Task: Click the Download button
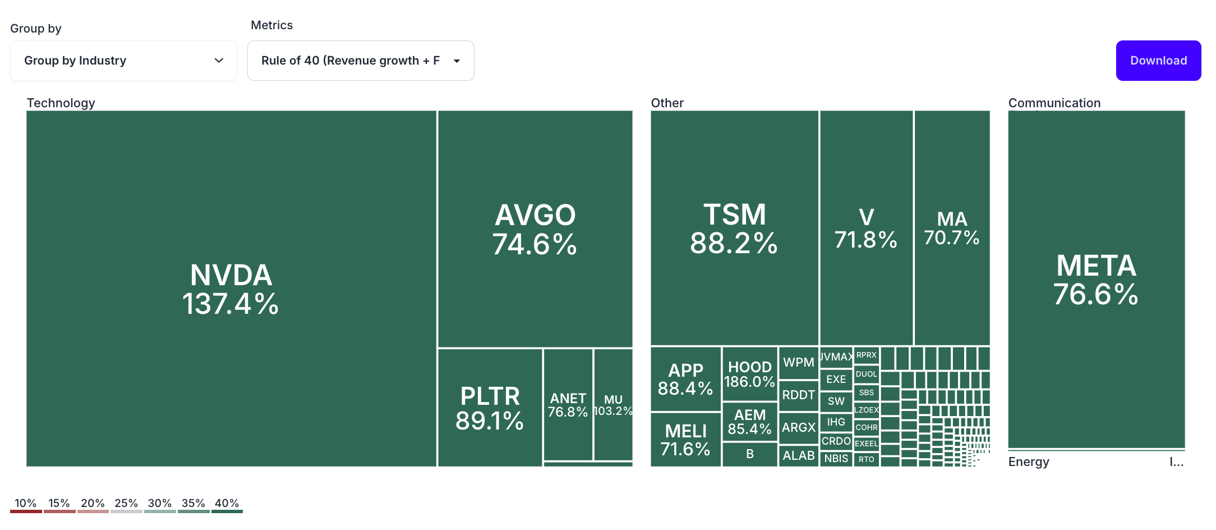[1158, 61]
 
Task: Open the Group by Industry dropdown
[123, 61]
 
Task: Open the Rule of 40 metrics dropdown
[360, 61]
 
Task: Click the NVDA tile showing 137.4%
[231, 289]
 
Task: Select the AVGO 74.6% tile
[535, 229]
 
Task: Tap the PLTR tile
[490, 408]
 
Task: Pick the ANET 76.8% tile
[568, 405]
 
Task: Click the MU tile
[613, 405]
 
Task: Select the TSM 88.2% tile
[734, 228]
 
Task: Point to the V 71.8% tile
[866, 228]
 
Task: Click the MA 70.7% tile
[952, 228]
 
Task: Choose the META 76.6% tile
[1096, 280]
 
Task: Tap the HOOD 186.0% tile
[749, 374]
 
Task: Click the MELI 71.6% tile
[685, 440]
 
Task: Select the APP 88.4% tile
[685, 379]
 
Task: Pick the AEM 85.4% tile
[749, 422]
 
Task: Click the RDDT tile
[798, 395]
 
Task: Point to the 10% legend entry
[26, 504]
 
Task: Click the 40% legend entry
[227, 504]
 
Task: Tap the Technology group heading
[61, 103]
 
